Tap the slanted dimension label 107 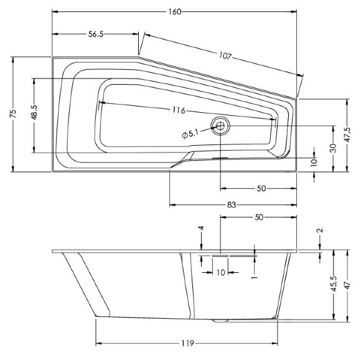pos(225,57)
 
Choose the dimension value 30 pos(334,148)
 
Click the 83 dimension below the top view pos(231,205)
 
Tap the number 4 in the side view pos(202,229)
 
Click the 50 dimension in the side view pos(260,217)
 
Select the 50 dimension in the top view pos(261,188)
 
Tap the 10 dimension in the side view pos(220,272)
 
